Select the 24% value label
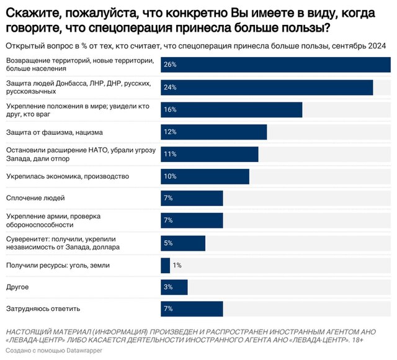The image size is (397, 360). click(169, 88)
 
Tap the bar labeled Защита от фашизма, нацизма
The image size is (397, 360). click(213, 132)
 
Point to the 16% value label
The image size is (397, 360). click(169, 110)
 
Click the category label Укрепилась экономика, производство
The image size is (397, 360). click(68, 176)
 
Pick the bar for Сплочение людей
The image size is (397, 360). click(191, 198)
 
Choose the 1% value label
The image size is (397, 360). click(177, 265)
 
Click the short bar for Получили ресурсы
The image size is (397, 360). click(165, 265)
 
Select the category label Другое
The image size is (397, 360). click(17, 287)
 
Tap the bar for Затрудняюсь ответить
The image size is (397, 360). click(191, 308)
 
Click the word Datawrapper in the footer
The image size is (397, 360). click(74, 352)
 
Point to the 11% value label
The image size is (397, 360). click(169, 154)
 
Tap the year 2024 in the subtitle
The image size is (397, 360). click(377, 46)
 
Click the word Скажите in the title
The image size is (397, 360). click(30, 12)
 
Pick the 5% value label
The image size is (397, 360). click(167, 243)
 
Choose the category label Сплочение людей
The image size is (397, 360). click(35, 198)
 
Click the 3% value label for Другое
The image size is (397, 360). click(167, 287)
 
